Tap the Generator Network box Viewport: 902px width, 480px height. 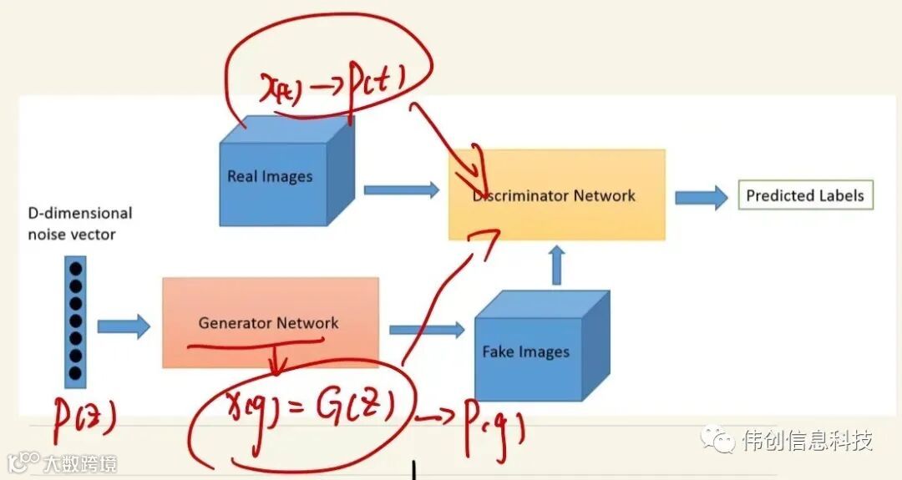tap(270, 323)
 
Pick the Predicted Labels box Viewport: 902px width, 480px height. tap(805, 195)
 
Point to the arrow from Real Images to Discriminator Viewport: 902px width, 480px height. tap(401, 190)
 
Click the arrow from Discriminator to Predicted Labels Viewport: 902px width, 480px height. tap(700, 196)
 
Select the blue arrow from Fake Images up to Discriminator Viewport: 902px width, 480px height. tap(559, 265)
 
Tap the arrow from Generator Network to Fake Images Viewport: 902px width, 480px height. tap(426, 329)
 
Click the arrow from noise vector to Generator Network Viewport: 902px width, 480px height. tap(124, 326)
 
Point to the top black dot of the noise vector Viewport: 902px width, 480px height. tap(76, 268)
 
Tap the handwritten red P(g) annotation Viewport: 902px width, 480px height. tap(494, 427)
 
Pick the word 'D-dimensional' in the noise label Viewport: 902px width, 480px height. tap(80, 214)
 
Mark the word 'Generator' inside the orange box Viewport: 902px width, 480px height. tap(235, 323)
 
